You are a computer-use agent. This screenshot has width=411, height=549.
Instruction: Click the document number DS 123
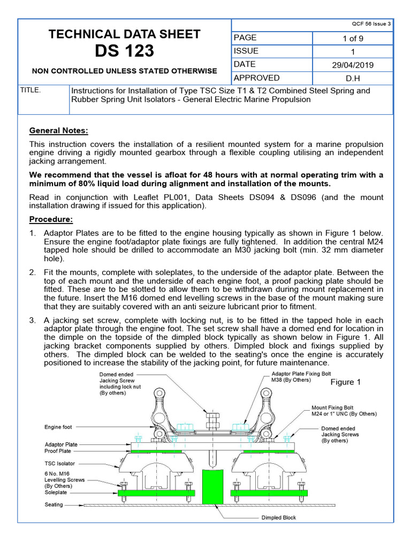point(124,51)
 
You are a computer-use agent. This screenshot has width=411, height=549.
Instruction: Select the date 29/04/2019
point(352,65)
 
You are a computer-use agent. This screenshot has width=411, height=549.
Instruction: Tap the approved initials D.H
point(352,78)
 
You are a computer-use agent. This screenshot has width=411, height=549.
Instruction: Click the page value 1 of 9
point(352,38)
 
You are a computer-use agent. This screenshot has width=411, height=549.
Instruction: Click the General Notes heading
point(58,131)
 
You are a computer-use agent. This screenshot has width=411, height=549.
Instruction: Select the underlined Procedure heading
point(51,219)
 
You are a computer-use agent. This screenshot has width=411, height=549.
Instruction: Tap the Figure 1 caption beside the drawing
point(345,382)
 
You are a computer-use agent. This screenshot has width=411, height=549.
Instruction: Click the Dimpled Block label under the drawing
point(278,517)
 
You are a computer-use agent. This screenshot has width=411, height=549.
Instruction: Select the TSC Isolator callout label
point(60,463)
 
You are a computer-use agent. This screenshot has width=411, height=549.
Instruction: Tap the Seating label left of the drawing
point(54,505)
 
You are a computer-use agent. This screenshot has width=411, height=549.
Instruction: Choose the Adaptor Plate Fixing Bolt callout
point(297,376)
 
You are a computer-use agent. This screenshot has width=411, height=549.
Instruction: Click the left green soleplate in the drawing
point(156,493)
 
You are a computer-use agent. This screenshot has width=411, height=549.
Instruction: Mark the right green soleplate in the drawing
point(269,493)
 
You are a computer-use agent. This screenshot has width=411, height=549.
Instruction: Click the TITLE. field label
point(30,90)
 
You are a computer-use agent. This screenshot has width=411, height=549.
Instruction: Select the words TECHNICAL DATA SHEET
point(124,34)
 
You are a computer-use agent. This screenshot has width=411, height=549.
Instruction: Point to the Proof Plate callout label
point(58,451)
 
